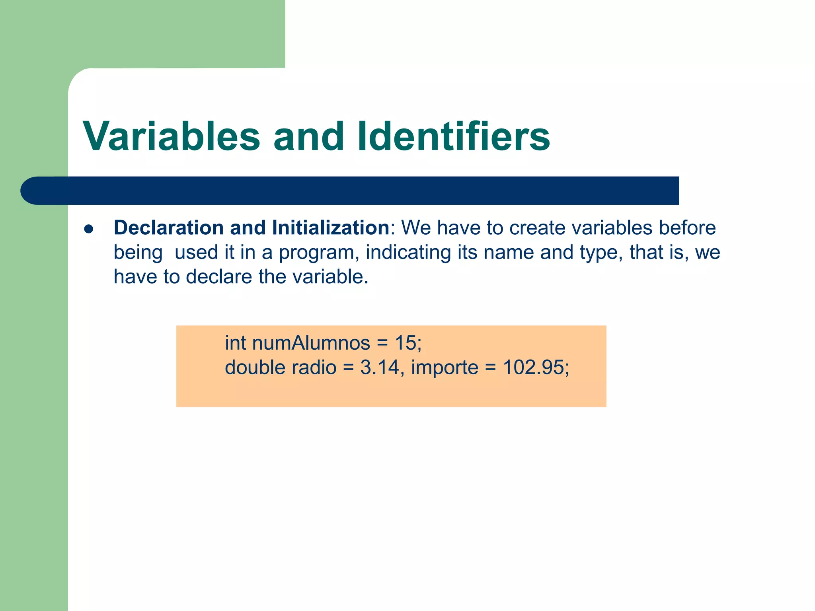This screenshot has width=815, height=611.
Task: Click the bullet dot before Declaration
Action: [88, 229]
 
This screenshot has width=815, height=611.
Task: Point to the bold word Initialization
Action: [331, 228]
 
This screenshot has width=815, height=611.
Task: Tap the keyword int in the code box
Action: [235, 343]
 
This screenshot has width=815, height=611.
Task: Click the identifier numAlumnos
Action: [311, 343]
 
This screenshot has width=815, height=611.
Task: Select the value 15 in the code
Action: [405, 343]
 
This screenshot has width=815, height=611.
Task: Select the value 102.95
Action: [533, 367]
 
